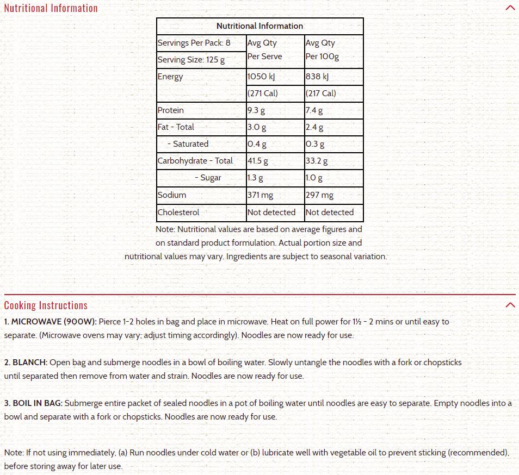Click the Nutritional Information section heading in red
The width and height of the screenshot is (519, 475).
tap(51, 8)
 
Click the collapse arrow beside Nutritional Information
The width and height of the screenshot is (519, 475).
tap(510, 8)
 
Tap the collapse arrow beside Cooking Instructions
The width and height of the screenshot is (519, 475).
tap(510, 305)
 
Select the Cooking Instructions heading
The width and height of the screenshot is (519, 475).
tap(46, 305)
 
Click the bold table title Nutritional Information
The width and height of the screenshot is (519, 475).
tap(259, 26)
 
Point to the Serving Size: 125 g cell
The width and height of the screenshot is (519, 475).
tap(191, 60)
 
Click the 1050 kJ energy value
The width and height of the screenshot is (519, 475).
tap(262, 77)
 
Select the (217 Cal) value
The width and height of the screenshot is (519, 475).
tap(321, 93)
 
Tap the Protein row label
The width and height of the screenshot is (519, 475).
tap(171, 110)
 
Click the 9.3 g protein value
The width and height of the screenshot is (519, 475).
tap(256, 110)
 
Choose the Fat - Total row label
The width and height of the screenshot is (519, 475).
tap(176, 127)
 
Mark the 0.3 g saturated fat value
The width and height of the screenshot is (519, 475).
tap(315, 144)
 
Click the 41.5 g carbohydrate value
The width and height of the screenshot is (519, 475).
tap(258, 161)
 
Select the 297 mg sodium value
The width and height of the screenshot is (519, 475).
tap(320, 195)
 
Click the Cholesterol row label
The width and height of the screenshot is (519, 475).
tap(178, 212)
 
